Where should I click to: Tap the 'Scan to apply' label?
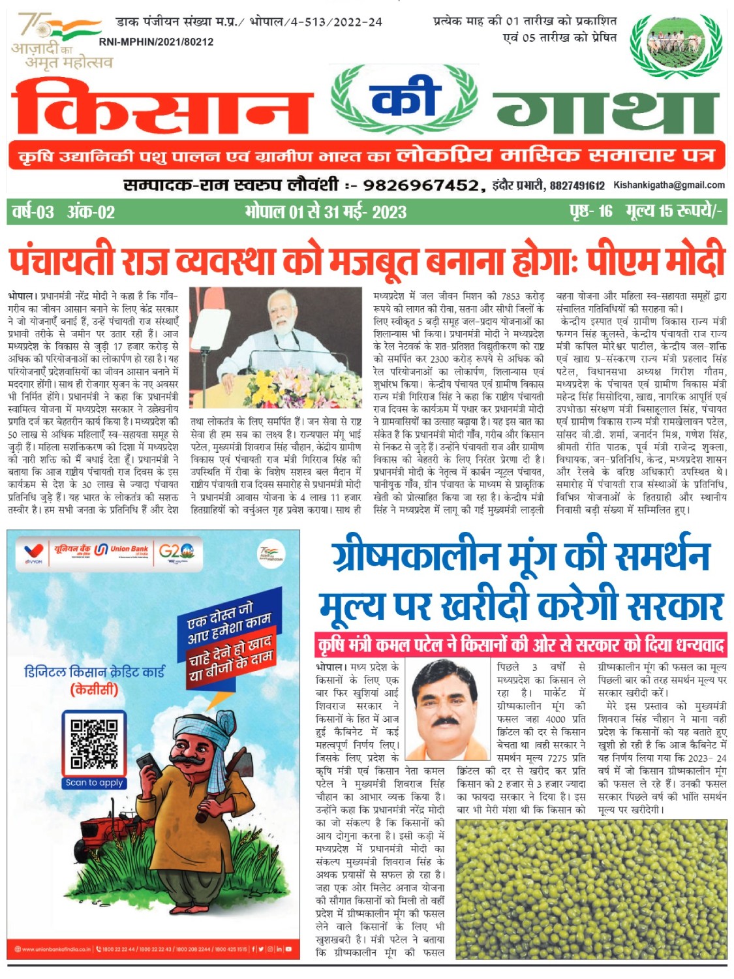[94, 783]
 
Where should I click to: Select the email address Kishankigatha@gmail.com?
[669, 185]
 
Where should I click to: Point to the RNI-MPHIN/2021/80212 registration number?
[156, 42]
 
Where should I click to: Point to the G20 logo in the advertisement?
[177, 552]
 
